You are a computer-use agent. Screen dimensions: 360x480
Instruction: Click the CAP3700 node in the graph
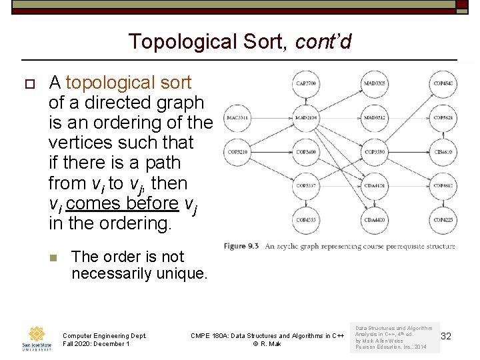click(x=305, y=84)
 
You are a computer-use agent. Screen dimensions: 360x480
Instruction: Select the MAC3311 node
click(x=237, y=119)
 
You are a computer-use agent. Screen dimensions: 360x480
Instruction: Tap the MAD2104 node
click(x=305, y=119)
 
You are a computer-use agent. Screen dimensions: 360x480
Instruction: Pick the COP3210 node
click(x=237, y=152)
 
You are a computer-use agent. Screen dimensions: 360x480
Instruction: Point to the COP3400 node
click(x=305, y=152)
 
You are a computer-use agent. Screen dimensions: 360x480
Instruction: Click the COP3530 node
click(x=375, y=152)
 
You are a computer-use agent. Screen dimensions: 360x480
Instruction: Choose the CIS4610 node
click(x=443, y=152)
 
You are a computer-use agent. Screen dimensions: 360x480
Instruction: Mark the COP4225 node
click(x=443, y=219)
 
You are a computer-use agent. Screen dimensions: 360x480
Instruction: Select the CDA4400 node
click(x=375, y=219)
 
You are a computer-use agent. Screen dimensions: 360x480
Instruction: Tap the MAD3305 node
click(x=375, y=84)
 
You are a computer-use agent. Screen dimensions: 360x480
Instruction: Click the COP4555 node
click(x=305, y=219)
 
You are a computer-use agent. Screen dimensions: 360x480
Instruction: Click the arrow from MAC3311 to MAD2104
click(x=271, y=119)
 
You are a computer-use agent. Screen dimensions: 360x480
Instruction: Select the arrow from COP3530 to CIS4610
click(x=409, y=152)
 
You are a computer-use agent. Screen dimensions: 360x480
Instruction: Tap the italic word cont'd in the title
click(x=323, y=42)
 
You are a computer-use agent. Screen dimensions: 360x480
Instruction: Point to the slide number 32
click(x=446, y=337)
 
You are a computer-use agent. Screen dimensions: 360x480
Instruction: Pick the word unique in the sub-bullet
click(x=183, y=274)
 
